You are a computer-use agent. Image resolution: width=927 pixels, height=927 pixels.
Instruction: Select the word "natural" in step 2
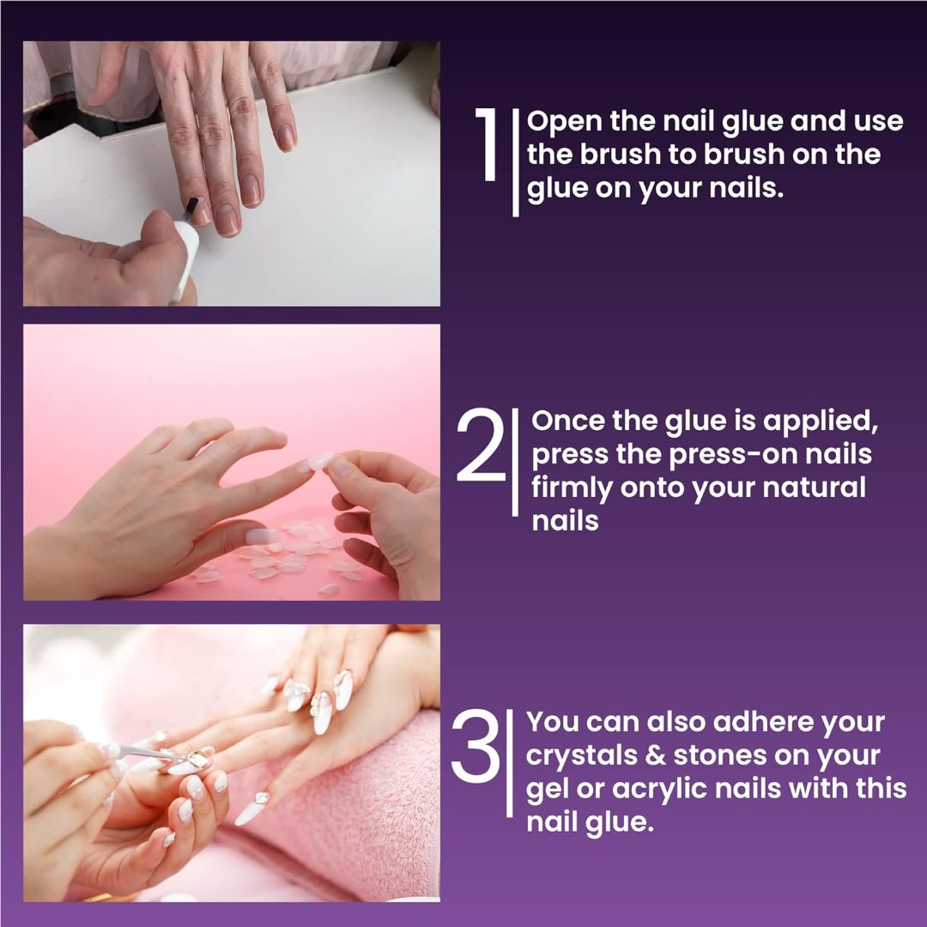(x=816, y=488)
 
